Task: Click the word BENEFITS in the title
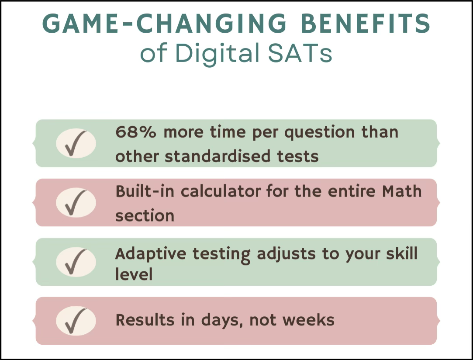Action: [366, 24]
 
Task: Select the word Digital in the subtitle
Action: [218, 54]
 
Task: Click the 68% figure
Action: [136, 132]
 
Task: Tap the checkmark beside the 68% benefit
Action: [76, 143]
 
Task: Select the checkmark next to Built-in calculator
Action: [76, 202]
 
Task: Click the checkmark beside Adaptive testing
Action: [76, 262]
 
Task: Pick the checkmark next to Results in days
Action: [76, 321]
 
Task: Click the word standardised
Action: [218, 156]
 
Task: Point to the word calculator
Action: [221, 191]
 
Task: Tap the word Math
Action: [402, 191]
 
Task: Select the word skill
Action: [402, 253]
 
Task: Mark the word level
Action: [134, 274]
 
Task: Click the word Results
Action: [145, 320]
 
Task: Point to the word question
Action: [319, 133]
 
